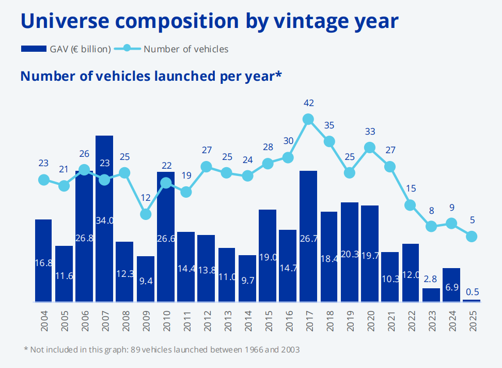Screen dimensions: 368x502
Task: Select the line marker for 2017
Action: pyautogui.click(x=308, y=120)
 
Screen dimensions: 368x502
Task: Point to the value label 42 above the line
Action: pyautogui.click(x=308, y=103)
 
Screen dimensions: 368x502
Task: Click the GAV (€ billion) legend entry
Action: pyautogui.click(x=66, y=49)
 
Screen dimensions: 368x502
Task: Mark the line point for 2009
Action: pyautogui.click(x=146, y=214)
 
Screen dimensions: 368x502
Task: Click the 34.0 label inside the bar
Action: pyautogui.click(x=105, y=220)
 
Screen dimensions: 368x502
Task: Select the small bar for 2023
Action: pyautogui.click(x=431, y=295)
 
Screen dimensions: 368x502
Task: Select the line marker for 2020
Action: pyautogui.click(x=370, y=148)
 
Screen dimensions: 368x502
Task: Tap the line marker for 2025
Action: pyautogui.click(x=472, y=236)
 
